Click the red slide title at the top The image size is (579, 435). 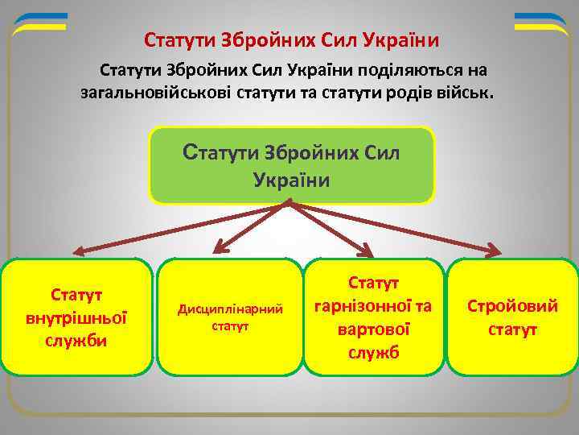(292, 39)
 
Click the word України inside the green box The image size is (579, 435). (292, 179)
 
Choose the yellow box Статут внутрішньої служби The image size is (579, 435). (77, 317)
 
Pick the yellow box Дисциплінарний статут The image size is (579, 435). (230, 317)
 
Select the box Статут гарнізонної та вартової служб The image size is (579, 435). (374, 317)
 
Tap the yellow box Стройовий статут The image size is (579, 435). (512, 317)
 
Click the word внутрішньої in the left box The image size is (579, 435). (77, 317)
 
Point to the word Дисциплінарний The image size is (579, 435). (230, 309)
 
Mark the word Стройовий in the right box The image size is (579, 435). (512, 306)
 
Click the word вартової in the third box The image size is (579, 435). (374, 329)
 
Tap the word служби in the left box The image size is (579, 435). (77, 340)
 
